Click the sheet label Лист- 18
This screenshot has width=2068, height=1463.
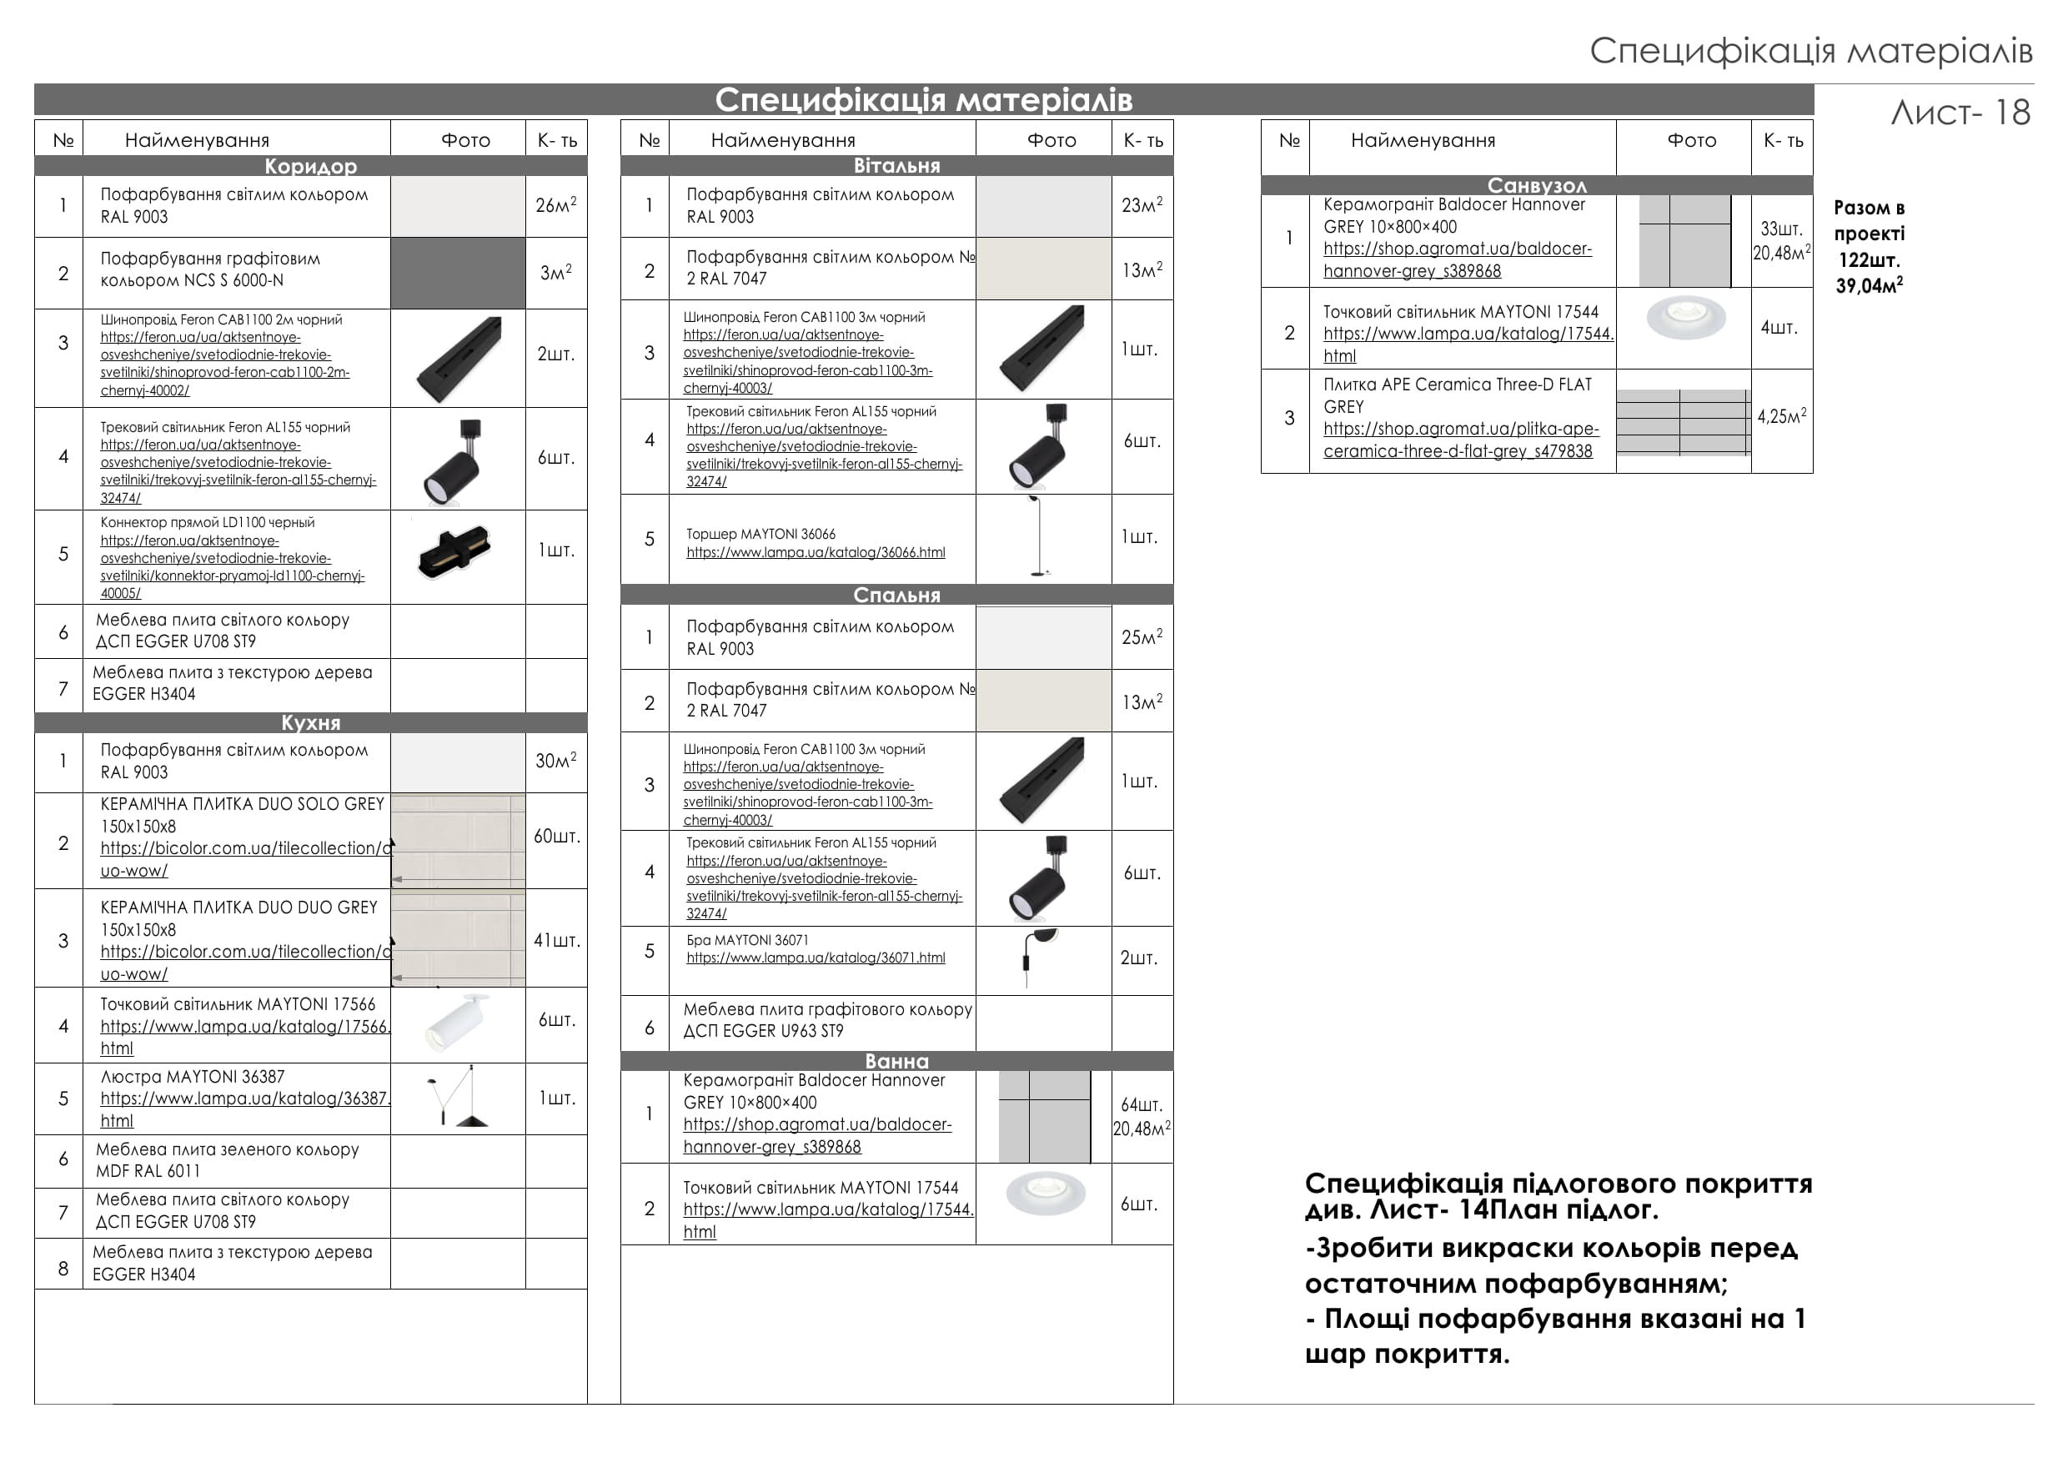pos(1960,113)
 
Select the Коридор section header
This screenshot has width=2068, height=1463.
pos(311,166)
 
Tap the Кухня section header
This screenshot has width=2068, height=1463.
pos(311,722)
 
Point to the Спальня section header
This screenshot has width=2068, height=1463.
pos(896,595)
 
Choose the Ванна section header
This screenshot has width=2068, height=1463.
pos(896,1060)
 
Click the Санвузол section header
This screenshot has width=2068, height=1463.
pos(1537,184)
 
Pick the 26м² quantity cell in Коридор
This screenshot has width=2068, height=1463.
pos(555,205)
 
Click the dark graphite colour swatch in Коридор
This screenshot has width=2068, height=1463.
pos(458,273)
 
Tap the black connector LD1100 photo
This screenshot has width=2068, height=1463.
pos(454,551)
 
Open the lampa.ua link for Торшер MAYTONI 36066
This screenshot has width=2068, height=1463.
pos(816,552)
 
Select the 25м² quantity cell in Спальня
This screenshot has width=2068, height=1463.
pos(1142,637)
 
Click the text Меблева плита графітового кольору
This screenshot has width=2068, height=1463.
pos(828,1009)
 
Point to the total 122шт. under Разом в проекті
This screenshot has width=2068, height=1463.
pos(1869,260)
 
